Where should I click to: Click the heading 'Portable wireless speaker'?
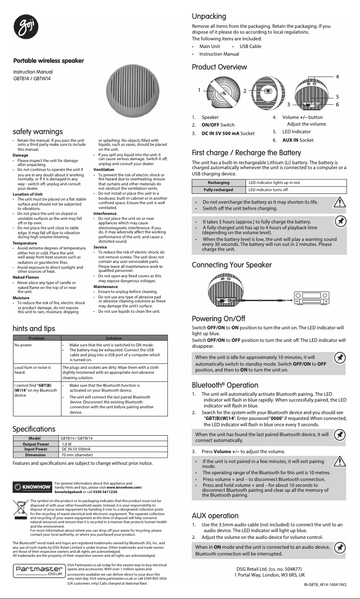pyautogui.click(x=48, y=61)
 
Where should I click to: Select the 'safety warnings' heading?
pyautogui.click(x=38, y=131)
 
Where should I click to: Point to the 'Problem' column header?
pyautogui.click(x=36, y=337)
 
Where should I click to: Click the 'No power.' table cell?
pyautogui.click(x=23, y=345)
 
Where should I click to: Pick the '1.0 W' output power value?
pyautogui.click(x=67, y=444)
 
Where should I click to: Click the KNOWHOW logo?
pyautogui.click(x=33, y=488)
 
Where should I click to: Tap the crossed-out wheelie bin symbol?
pyautogui.click(x=19, y=512)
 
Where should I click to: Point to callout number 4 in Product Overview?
pyautogui.click(x=337, y=77)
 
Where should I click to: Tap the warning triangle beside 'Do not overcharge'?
pyautogui.click(x=342, y=203)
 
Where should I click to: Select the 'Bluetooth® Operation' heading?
pyautogui.click(x=225, y=385)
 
